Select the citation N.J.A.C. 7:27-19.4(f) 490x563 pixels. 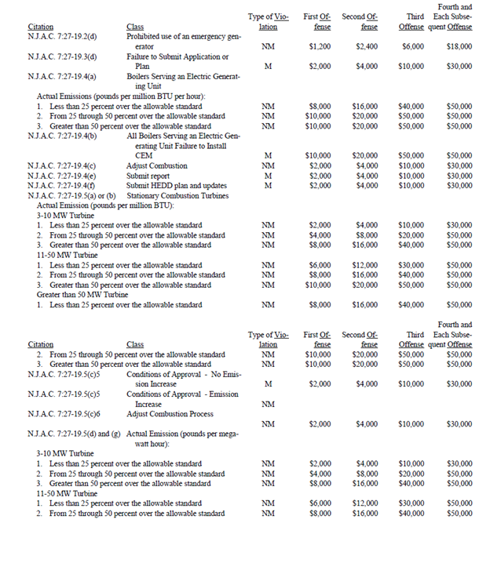[x=60, y=186]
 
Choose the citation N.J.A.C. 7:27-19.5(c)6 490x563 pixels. [x=64, y=413]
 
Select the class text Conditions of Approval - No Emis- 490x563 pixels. [x=184, y=374]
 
